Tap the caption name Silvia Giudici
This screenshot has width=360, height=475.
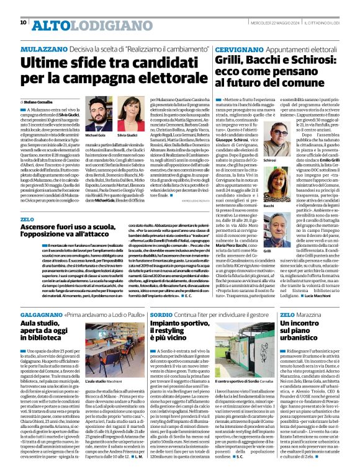pos(127,135)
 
